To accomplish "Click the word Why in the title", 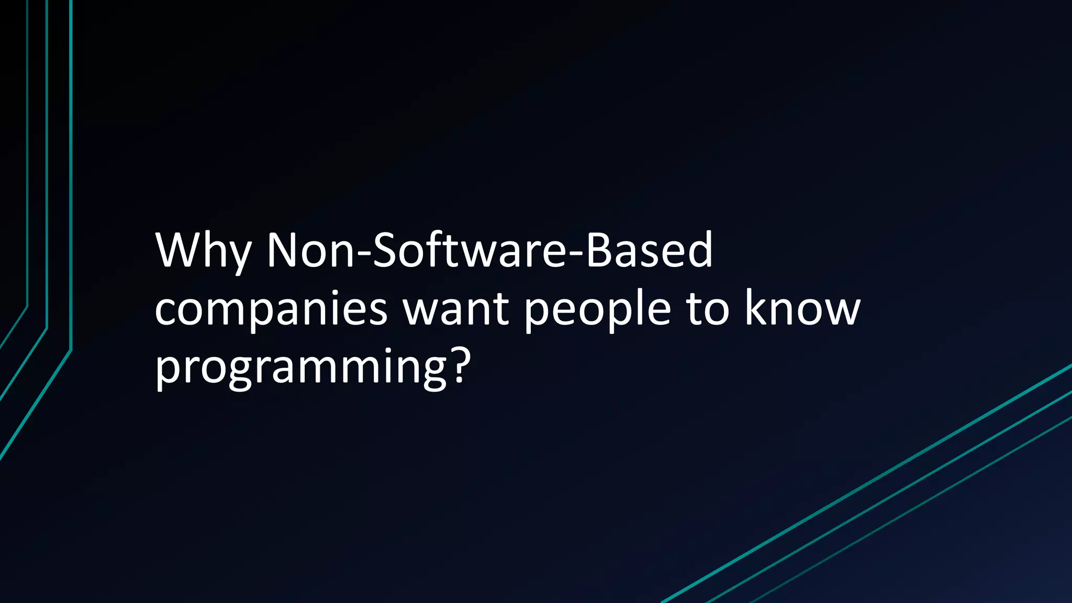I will (x=203, y=251).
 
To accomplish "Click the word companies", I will (x=271, y=310).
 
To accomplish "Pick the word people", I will (x=597, y=310).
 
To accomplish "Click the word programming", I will (x=301, y=367).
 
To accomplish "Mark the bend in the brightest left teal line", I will (x=71, y=350).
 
